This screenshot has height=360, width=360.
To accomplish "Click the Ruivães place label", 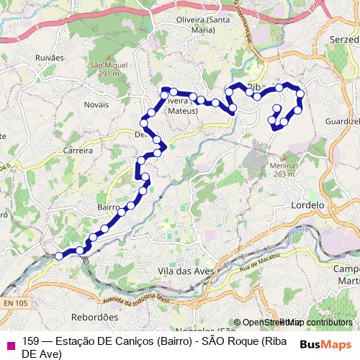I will [49, 57].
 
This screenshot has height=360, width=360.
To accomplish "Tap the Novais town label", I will [96, 104].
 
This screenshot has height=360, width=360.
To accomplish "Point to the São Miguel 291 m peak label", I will [109, 69].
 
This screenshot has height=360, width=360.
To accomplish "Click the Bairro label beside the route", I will [108, 207].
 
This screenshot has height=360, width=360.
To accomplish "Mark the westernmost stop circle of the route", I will [59, 256].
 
